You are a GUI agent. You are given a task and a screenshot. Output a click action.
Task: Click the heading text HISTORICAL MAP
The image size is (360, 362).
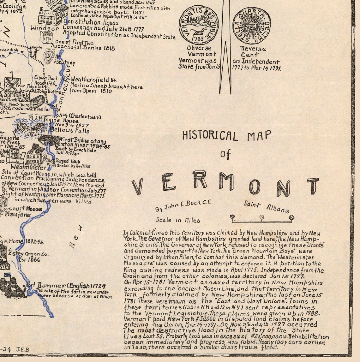click(226, 135)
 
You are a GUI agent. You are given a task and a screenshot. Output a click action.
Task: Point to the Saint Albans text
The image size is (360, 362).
click(266, 207)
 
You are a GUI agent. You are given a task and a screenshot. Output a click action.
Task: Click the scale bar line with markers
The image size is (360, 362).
click(262, 217)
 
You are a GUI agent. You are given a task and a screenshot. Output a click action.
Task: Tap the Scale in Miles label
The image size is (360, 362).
click(177, 220)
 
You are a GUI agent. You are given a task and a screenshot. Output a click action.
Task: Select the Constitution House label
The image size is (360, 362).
click(91, 22)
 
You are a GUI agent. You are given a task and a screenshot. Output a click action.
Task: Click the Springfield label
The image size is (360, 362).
click(18, 95)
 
